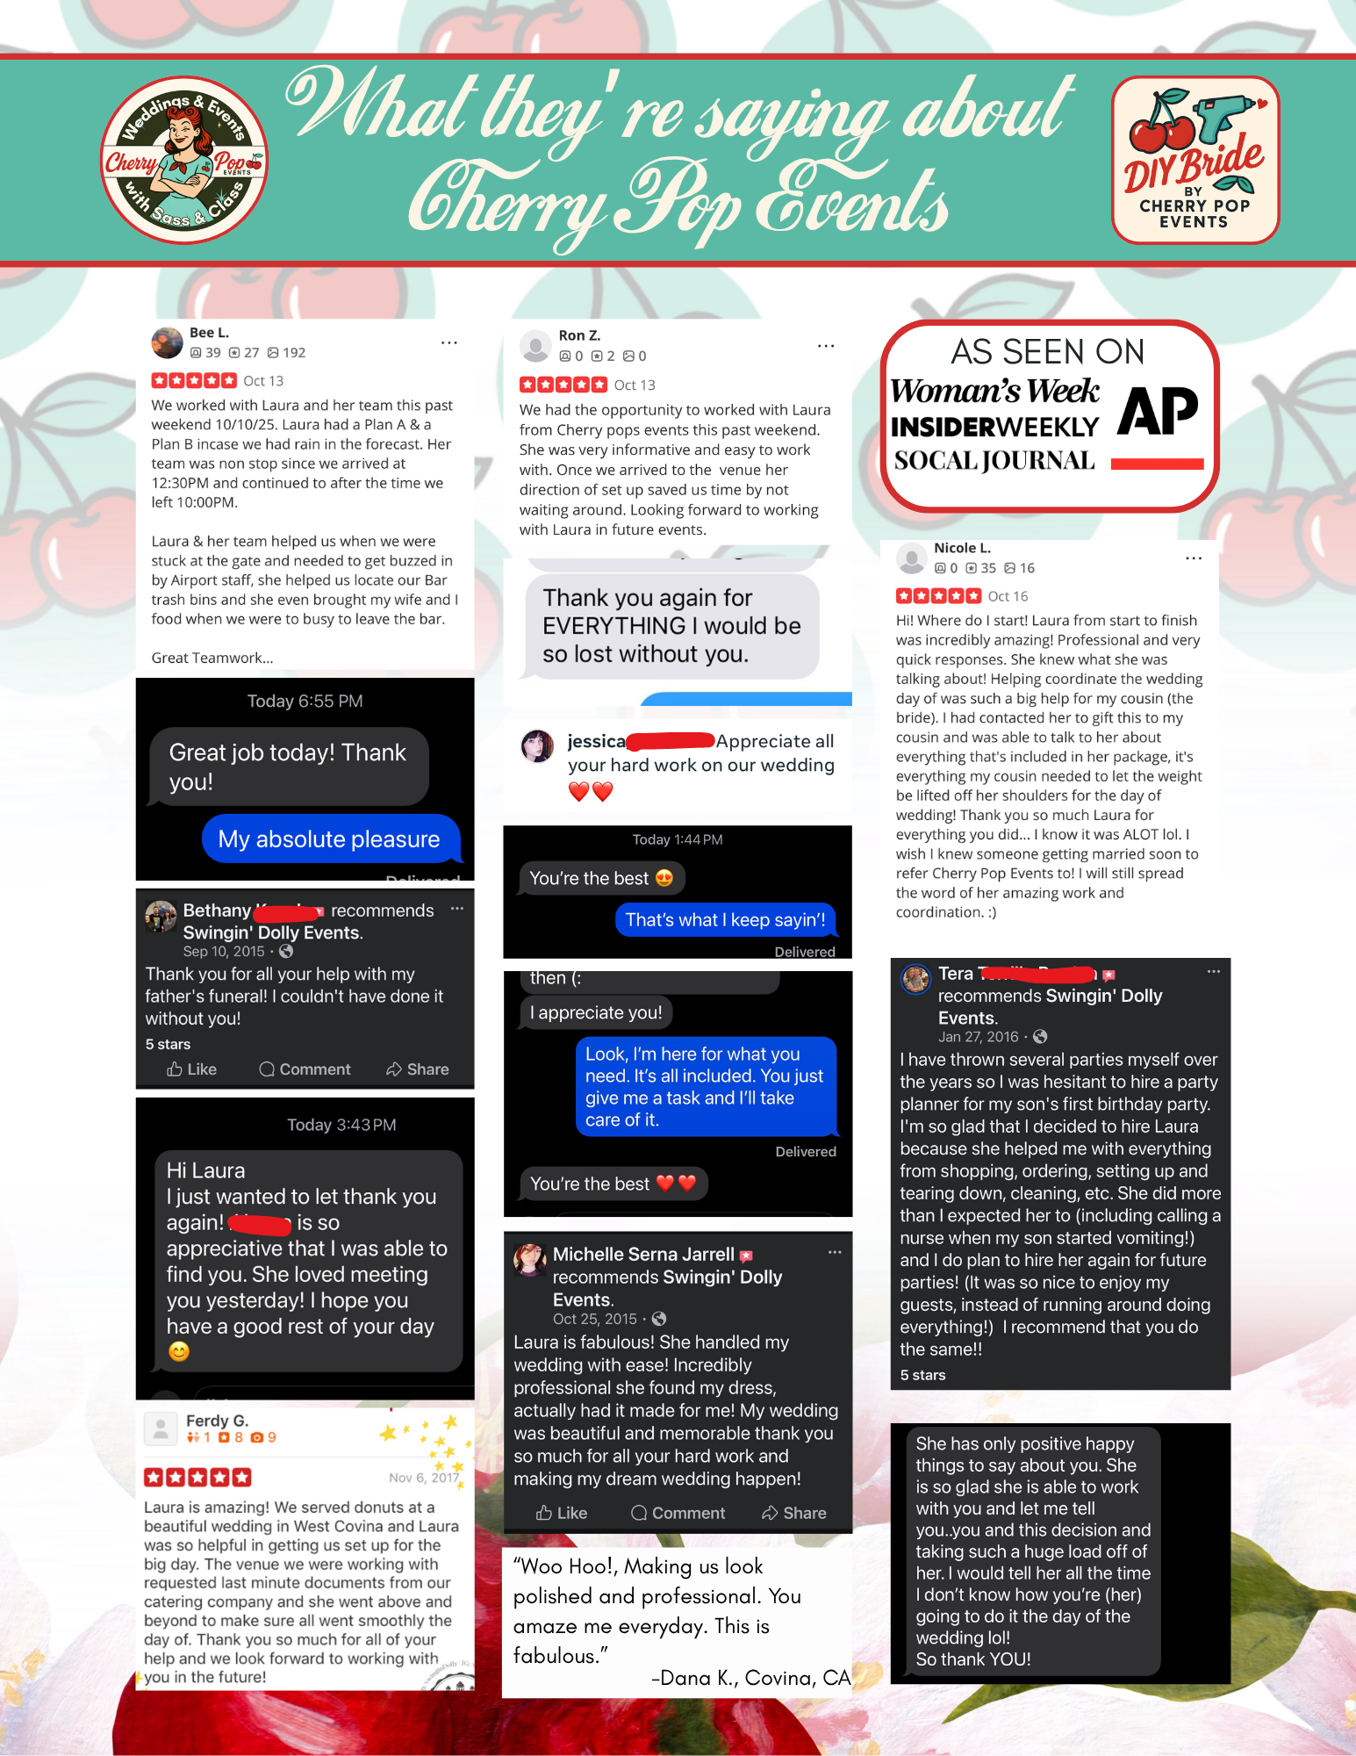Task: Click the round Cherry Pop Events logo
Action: (x=184, y=160)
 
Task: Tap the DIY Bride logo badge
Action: (x=1195, y=160)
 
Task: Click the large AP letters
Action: (x=1158, y=411)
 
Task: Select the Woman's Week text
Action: (x=994, y=391)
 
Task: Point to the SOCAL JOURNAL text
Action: (x=994, y=460)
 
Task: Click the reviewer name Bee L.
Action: (x=209, y=333)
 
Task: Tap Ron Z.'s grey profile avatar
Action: (x=535, y=346)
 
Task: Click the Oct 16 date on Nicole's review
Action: (x=1008, y=596)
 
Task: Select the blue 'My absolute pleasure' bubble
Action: (x=329, y=839)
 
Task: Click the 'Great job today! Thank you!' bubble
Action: (x=288, y=766)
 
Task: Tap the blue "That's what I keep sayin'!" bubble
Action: (x=725, y=919)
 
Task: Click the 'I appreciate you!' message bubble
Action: (x=596, y=1012)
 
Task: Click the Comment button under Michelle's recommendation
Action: (x=678, y=1513)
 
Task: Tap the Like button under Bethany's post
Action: (x=192, y=1069)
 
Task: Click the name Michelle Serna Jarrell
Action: (x=643, y=1254)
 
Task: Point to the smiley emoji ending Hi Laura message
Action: (x=179, y=1351)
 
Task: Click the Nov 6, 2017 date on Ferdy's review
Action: (x=424, y=1478)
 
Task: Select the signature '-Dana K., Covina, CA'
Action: (x=750, y=1678)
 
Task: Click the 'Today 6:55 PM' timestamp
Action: (x=305, y=701)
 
